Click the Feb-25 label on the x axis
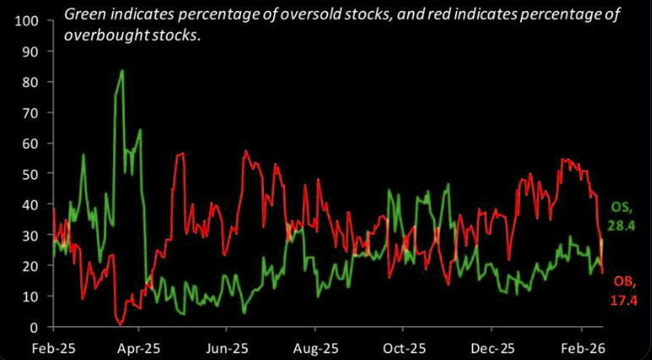pyautogui.click(x=52, y=347)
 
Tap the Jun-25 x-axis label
pyautogui.click(x=227, y=347)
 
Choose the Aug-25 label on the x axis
pyautogui.click(x=315, y=347)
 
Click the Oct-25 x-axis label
pyautogui.click(x=404, y=347)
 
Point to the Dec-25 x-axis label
pyautogui.click(x=492, y=347)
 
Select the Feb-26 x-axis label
pyautogui.click(x=580, y=347)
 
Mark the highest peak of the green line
pyautogui.click(x=123, y=71)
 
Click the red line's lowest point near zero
pyautogui.click(x=121, y=324)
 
